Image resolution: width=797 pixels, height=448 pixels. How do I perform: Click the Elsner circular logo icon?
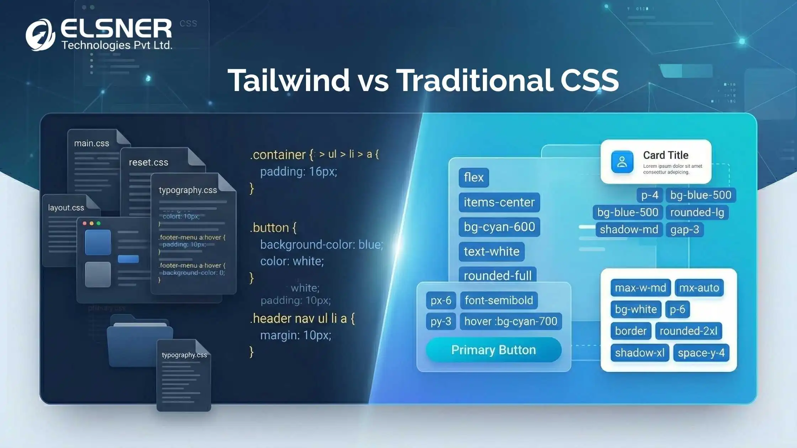coord(40,35)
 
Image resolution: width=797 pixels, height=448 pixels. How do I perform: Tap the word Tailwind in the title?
coord(289,80)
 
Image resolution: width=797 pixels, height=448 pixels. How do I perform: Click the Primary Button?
coord(493,350)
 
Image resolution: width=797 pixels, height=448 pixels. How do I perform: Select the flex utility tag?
coord(474,177)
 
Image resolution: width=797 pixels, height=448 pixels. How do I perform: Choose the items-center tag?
coord(499,202)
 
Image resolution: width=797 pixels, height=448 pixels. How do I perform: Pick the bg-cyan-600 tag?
coord(499,227)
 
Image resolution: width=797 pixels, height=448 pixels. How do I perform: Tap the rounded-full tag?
coord(497,276)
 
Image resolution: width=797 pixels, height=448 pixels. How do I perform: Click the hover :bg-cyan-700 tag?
coord(511,321)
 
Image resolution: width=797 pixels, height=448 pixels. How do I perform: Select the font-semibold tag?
coord(498,300)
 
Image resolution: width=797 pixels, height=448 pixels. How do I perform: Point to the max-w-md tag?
coord(640,288)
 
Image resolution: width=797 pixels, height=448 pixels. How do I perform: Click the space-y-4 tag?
coord(701,353)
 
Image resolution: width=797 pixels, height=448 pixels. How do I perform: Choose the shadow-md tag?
coord(629,230)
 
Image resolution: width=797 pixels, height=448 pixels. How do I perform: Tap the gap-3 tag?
coord(685,230)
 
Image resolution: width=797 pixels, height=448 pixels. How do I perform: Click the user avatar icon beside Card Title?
coord(622,162)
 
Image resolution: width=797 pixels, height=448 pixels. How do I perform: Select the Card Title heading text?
coord(665,155)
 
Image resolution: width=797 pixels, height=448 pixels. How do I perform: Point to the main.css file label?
coord(91,143)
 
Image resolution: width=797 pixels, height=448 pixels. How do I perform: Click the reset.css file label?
coord(148,162)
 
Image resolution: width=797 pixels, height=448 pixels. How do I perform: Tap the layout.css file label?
coord(66,208)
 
